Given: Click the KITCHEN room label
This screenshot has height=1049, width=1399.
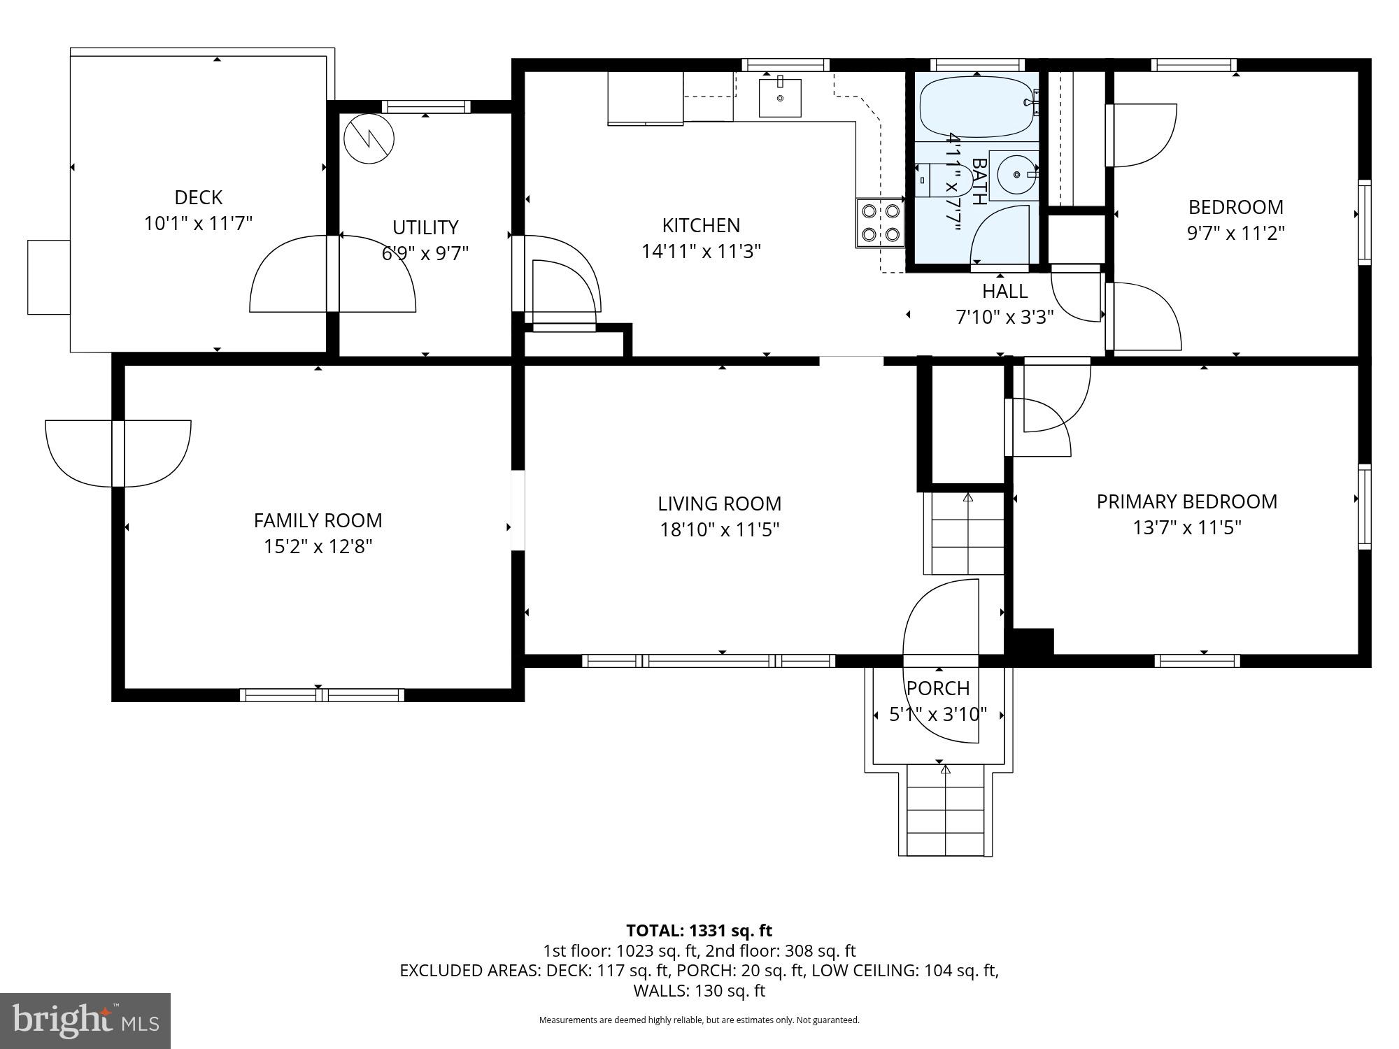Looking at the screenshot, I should point(701,225).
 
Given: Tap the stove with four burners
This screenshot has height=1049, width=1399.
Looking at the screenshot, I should point(880,223).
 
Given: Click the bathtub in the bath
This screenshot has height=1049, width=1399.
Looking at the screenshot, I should point(977,107).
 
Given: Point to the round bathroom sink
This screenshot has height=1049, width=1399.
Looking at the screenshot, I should point(1013,171).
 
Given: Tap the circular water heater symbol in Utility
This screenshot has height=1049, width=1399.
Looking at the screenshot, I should point(369,138).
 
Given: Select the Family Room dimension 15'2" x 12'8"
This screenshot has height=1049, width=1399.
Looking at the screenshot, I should point(318,546).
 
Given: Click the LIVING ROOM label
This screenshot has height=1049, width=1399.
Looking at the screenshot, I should point(719,504).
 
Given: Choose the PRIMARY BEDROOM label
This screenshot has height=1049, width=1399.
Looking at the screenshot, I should point(1186,501).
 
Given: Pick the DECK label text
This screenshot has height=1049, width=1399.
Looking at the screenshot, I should point(199,197).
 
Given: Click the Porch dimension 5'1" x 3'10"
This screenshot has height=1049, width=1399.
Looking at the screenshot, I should point(938,714).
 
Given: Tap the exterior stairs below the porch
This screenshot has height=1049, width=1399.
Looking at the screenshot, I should point(946,811).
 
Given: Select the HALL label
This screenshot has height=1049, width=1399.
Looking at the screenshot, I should point(1004,291).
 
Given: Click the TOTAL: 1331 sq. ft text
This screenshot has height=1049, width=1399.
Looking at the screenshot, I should point(699,930).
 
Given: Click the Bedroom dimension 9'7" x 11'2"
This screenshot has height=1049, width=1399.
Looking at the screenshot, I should point(1235,233).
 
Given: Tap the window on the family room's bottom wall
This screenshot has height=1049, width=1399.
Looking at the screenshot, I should point(322,694).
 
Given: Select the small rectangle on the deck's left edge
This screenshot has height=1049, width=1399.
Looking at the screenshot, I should point(49,277).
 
